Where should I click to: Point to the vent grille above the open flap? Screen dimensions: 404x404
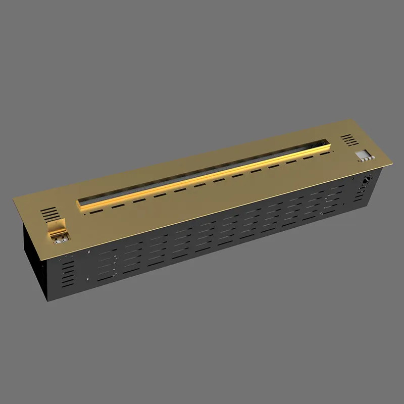pyautogui.click(x=50, y=213)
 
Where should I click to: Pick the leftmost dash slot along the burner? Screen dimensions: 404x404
pyautogui.click(x=96, y=208)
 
